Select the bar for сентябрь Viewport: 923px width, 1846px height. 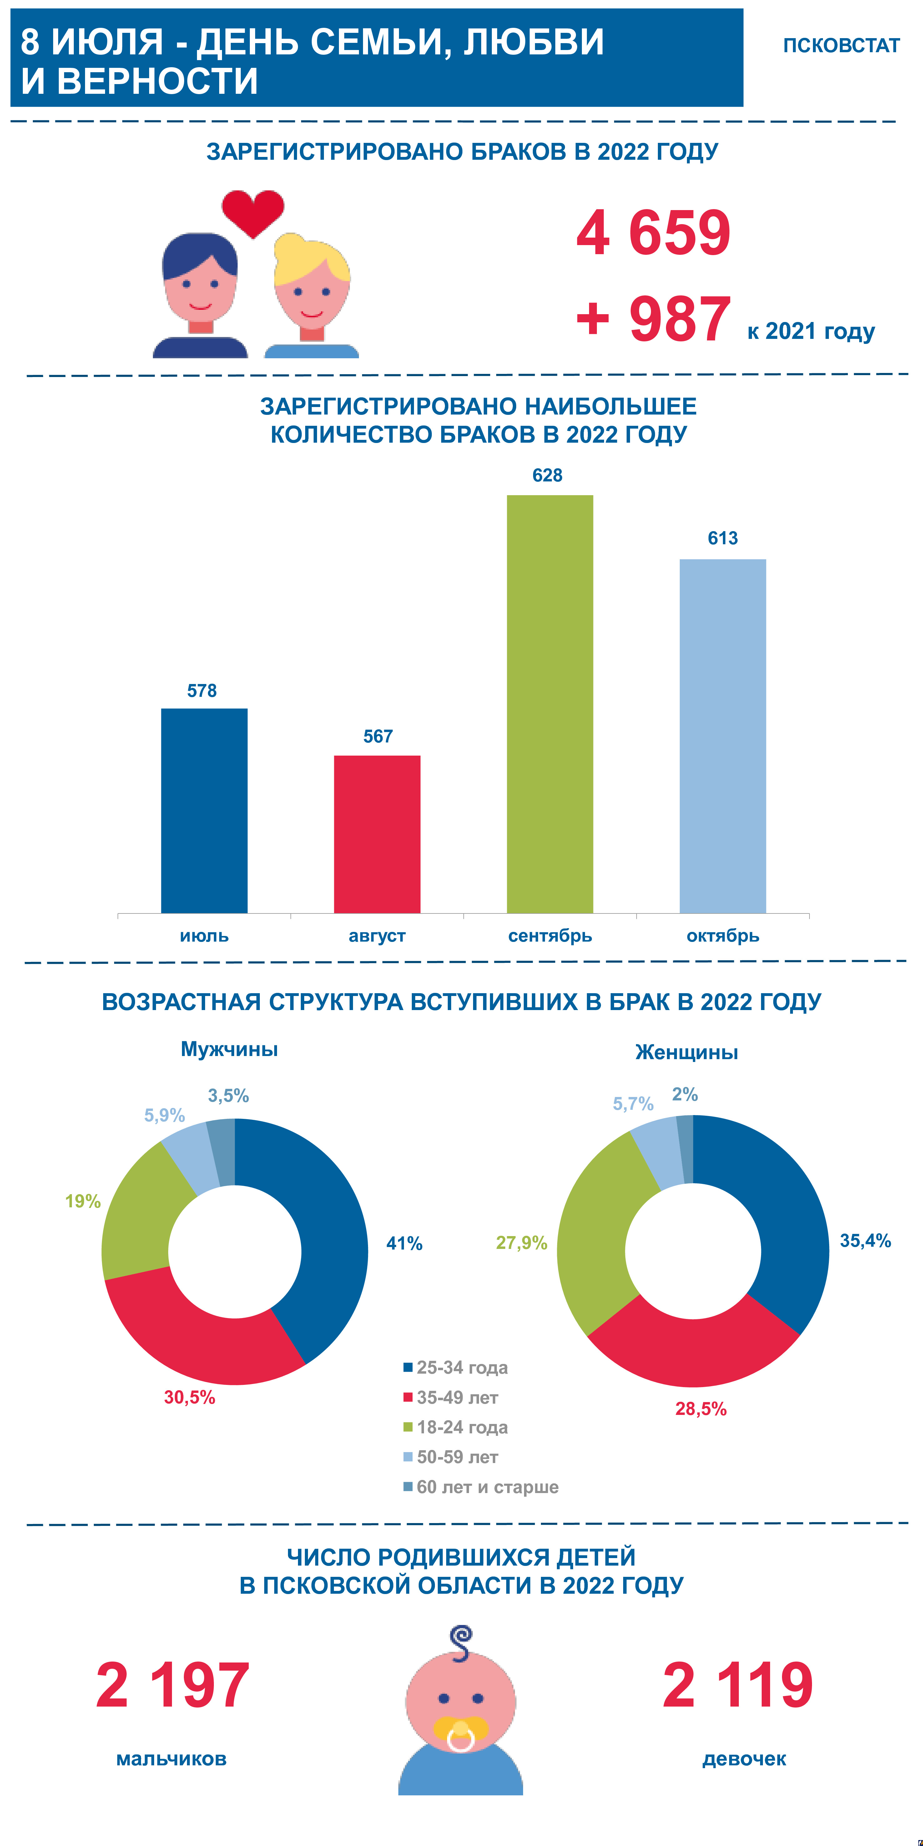pyautogui.click(x=550, y=702)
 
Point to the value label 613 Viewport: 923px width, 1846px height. pyautogui.click(x=722, y=538)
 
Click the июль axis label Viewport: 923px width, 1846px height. pyautogui.click(x=204, y=935)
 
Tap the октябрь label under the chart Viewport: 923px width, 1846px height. pyautogui.click(x=722, y=935)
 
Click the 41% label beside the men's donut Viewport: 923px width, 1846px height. pyautogui.click(x=404, y=1243)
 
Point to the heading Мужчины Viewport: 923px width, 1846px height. pyautogui.click(x=229, y=1049)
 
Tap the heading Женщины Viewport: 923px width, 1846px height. pyautogui.click(x=687, y=1052)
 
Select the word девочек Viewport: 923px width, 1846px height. pyautogui.click(x=744, y=1758)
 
